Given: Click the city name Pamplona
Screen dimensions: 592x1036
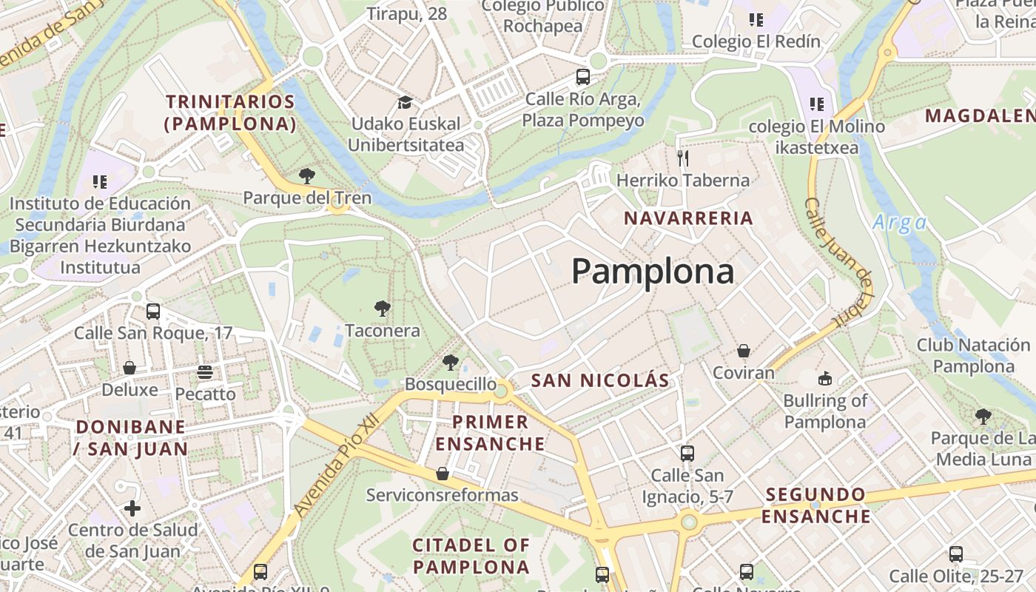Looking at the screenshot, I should click(653, 272).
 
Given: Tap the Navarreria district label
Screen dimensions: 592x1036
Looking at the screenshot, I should click(688, 218).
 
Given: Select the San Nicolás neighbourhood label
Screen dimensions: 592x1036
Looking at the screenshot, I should click(600, 381).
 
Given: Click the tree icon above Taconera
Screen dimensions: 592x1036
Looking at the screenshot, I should click(382, 309).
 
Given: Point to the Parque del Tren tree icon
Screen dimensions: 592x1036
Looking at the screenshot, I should click(307, 176).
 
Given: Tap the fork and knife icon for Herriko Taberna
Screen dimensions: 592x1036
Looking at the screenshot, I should click(683, 158).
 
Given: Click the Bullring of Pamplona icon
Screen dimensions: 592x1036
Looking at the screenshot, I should click(825, 379).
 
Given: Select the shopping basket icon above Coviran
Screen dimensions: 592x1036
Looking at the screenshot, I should click(744, 351).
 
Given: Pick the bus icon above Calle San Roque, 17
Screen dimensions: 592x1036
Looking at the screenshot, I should click(153, 311).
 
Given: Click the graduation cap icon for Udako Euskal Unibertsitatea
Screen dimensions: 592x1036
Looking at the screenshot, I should click(405, 102).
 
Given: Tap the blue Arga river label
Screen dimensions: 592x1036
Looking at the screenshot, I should click(899, 223).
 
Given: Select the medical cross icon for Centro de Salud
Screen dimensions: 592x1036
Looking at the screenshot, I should click(132, 508).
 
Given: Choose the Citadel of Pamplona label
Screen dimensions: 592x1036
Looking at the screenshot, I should click(471, 556).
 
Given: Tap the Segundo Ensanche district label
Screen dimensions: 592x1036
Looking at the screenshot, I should click(815, 505).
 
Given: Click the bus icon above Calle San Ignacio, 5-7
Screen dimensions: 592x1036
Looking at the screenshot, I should click(687, 453).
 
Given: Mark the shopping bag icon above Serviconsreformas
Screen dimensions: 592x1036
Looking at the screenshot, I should click(443, 474).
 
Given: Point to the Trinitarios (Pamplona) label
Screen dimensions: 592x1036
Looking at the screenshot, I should click(230, 112).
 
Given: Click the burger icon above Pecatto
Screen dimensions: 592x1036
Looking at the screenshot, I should click(205, 371).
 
